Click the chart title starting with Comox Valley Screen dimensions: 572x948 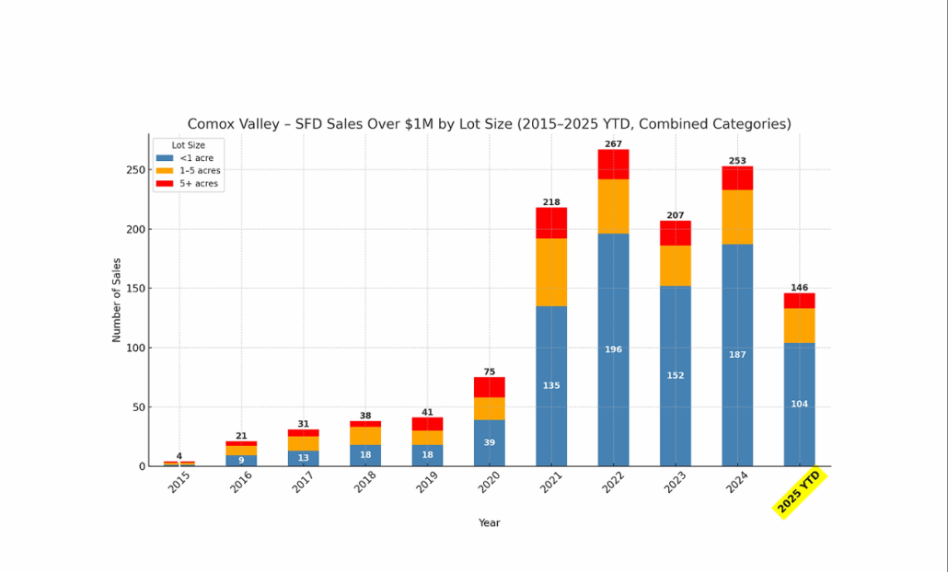point(489,124)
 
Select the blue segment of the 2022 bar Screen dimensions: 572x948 point(613,303)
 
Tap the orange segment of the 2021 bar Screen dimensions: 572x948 point(551,272)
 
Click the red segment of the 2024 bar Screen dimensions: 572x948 point(737,177)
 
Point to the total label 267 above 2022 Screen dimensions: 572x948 point(613,144)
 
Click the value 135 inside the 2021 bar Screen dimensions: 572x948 point(551,385)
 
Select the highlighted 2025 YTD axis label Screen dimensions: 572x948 point(799,493)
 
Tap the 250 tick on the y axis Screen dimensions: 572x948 point(133,170)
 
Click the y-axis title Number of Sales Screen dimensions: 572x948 point(117,300)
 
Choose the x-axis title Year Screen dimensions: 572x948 point(489,523)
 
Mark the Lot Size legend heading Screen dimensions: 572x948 point(188,144)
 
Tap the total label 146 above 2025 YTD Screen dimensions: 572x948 point(799,288)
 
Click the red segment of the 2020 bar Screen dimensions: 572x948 point(490,386)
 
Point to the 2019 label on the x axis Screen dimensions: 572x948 point(426,482)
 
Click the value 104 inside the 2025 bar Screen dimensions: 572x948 point(799,404)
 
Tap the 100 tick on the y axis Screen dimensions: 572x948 point(133,348)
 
